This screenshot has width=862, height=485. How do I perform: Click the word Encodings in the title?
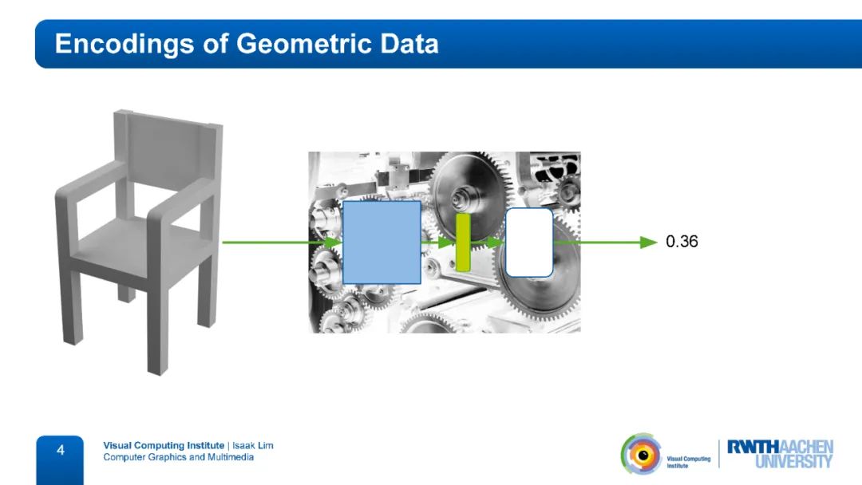[x=125, y=44]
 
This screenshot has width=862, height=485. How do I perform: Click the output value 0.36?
[x=682, y=241]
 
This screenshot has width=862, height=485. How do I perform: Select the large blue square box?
[x=382, y=242]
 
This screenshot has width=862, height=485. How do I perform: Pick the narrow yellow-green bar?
[x=463, y=242]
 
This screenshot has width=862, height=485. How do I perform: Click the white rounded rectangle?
[x=529, y=242]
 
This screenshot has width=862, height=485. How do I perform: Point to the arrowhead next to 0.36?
[x=649, y=242]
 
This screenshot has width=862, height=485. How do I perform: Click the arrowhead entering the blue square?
[x=333, y=242]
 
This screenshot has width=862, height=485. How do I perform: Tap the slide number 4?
[x=61, y=451]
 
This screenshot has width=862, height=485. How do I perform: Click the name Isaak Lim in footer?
[x=252, y=445]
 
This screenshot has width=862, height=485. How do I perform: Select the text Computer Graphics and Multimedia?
[x=179, y=457]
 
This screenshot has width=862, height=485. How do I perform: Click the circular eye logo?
[x=641, y=454]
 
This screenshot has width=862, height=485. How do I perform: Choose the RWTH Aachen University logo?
[x=780, y=454]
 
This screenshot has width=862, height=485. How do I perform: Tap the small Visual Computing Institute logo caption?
[x=688, y=462]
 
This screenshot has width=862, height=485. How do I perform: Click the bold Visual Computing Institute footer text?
[x=164, y=445]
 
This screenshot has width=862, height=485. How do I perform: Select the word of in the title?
[x=215, y=44]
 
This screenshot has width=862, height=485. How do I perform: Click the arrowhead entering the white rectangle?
[x=496, y=242]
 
